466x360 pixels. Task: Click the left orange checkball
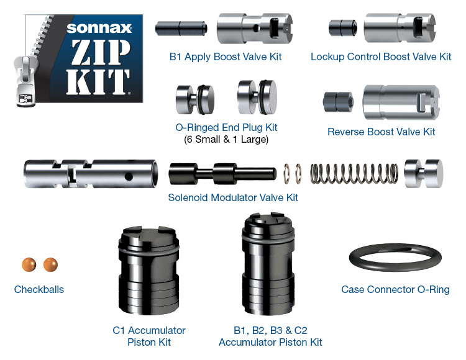[x=29, y=264]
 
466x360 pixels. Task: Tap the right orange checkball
[x=50, y=264]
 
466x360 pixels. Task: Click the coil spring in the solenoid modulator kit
[x=354, y=174]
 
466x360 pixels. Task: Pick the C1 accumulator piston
[x=148, y=271]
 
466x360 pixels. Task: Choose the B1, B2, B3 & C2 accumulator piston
[x=268, y=264]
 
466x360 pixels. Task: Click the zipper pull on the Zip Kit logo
[x=26, y=80]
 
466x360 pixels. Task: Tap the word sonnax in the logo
[x=99, y=28]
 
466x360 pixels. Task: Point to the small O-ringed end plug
[x=194, y=99]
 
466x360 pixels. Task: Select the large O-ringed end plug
[x=257, y=97]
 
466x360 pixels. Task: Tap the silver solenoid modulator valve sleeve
[x=91, y=174]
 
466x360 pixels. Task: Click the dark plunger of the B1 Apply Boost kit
[x=181, y=29]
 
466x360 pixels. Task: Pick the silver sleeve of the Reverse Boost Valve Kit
[x=401, y=102]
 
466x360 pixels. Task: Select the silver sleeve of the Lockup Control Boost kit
[x=400, y=27]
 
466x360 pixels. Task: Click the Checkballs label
[x=39, y=289]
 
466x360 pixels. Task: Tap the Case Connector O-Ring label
[x=395, y=289]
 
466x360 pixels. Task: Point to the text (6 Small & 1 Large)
[x=226, y=139]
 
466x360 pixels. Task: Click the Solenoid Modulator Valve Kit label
[x=233, y=197]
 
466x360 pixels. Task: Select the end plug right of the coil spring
[x=423, y=174]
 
